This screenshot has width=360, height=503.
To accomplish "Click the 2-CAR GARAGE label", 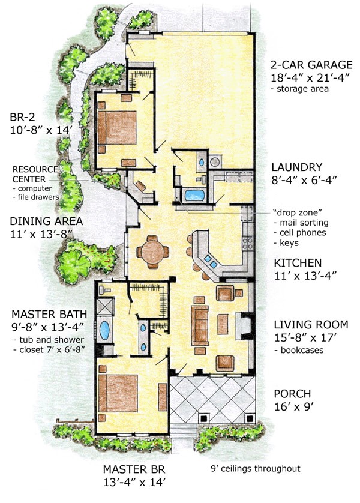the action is pyautogui.click(x=311, y=65).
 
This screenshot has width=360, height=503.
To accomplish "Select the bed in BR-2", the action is pyautogui.click(x=117, y=127).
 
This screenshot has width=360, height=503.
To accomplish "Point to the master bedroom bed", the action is pyautogui.click(x=118, y=393).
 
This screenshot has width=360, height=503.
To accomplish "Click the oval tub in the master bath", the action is pyautogui.click(x=104, y=330).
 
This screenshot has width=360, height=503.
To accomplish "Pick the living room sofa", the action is pyautogui.click(x=199, y=325).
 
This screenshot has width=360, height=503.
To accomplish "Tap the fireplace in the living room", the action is pyautogui.click(x=244, y=325).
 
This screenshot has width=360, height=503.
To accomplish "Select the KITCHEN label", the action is pyautogui.click(x=298, y=263).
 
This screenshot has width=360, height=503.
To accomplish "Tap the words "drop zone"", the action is pyautogui.click(x=298, y=212).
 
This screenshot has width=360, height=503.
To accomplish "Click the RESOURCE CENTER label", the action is pyautogui.click(x=35, y=174).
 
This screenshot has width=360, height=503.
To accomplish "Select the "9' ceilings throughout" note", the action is pyautogui.click(x=256, y=469).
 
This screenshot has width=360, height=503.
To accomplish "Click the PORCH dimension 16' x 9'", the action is pyautogui.click(x=293, y=407).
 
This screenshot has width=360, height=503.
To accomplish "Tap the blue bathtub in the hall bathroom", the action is pyautogui.click(x=194, y=194).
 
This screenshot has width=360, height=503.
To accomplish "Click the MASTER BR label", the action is pyautogui.click(x=134, y=469).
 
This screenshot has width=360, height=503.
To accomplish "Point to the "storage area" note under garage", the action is pyautogui.click(x=300, y=89).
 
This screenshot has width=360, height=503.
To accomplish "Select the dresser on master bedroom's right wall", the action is pyautogui.click(x=163, y=397).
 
